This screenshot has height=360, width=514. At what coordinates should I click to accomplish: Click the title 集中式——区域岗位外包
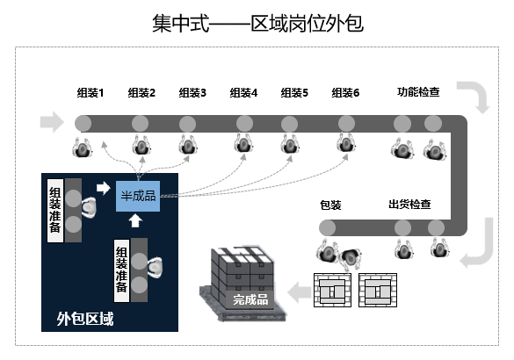pos(257,24)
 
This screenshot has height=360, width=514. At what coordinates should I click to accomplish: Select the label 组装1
pos(90,93)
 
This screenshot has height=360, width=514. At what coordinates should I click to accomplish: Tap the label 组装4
pos(243,93)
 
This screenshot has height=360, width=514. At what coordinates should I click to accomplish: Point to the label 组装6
pos(345,93)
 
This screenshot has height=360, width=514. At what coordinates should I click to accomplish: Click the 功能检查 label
pos(418,91)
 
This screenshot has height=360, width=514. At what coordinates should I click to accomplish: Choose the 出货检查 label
pos(409,204)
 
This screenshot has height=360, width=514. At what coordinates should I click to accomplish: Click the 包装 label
pos(330,205)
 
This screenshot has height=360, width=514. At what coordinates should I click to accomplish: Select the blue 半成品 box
pos(138,196)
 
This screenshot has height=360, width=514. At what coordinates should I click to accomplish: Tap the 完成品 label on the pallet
pos(250,299)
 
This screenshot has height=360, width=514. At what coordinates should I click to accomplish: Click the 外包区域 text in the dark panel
pos(85,319)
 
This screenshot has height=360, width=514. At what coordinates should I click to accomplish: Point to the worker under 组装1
pos(82,148)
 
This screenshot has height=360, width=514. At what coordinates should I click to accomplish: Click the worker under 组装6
pos(346,142)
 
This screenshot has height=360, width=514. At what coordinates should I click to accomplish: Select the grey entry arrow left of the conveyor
pos(52,122)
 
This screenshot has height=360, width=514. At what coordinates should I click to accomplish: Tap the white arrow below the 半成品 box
pos(135,220)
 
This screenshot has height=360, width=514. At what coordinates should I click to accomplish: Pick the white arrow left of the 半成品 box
pos(104,188)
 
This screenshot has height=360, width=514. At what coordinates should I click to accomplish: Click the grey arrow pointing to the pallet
pos(300,292)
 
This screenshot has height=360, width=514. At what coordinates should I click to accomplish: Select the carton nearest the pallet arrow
pos(332,291)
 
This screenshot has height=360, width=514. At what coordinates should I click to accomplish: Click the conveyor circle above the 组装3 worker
pos(187,124)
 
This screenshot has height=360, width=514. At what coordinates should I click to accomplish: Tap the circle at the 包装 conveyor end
pos(328,227)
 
